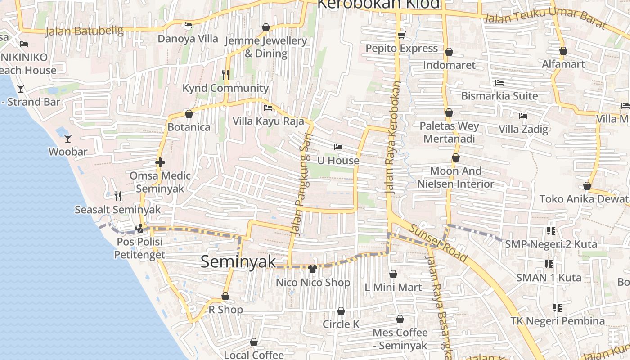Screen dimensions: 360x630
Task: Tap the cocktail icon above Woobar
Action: coord(68,138)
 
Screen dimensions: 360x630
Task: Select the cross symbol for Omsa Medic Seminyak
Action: coord(160,162)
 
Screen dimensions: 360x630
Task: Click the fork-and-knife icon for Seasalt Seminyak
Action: coord(118,196)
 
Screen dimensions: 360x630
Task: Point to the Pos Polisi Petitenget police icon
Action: coord(139,228)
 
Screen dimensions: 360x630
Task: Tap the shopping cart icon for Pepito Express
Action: coord(401,35)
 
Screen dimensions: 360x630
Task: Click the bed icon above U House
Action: coord(338,147)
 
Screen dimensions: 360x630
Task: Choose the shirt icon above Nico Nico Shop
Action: coord(313,269)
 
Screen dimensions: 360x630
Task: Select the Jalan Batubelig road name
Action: coord(85,31)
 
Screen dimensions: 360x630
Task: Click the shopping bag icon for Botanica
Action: coord(189,114)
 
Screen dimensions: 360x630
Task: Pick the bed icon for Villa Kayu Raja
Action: coord(268,108)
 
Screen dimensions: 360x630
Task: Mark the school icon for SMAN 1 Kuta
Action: coord(549,264)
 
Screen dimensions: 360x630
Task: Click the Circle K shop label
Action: coord(341,324)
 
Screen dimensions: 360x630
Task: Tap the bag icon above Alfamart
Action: coord(563,51)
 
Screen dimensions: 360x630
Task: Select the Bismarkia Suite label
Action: coord(499,96)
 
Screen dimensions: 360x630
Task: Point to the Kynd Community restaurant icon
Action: coord(225,75)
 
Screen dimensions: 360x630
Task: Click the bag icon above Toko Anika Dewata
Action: coord(587,186)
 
